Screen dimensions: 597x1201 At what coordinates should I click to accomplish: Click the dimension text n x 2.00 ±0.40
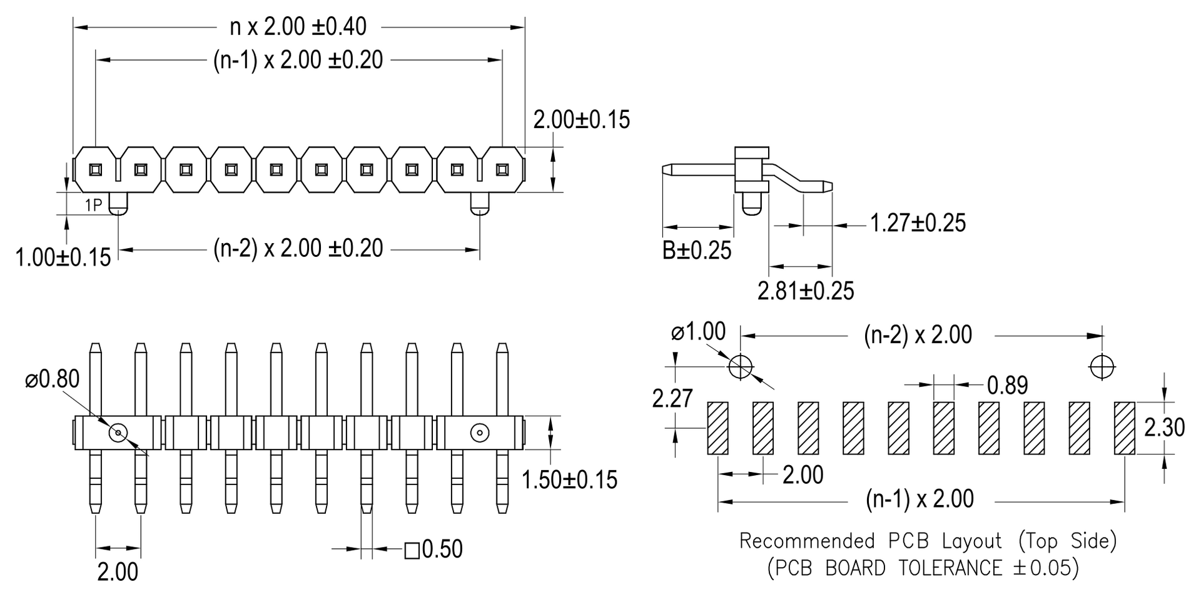click(298, 27)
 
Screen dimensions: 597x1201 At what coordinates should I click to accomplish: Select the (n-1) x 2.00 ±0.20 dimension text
click(298, 60)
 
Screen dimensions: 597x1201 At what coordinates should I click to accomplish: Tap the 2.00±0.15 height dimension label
click(581, 119)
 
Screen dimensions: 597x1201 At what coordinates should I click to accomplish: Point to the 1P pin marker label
click(93, 204)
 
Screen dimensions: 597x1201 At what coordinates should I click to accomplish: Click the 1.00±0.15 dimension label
click(63, 257)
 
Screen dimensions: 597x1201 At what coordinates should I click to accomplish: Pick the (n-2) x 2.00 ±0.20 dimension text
click(298, 249)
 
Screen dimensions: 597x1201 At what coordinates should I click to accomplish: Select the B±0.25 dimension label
click(696, 250)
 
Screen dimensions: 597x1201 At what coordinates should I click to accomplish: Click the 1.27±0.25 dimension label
click(918, 223)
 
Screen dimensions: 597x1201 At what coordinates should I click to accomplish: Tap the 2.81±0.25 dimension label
click(806, 291)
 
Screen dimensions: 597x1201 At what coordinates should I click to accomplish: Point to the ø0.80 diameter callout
click(53, 379)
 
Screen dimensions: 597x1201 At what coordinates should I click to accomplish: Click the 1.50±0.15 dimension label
click(569, 479)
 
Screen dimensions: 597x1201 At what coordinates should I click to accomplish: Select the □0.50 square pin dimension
click(433, 549)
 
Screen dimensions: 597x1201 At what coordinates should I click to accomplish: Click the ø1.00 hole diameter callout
click(698, 331)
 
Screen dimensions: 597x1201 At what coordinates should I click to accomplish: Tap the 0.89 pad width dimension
click(1007, 385)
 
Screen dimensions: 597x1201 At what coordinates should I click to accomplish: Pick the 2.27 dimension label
click(672, 398)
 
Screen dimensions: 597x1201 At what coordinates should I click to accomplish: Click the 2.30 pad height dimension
click(1164, 428)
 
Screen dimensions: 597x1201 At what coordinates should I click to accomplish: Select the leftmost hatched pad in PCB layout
click(717, 428)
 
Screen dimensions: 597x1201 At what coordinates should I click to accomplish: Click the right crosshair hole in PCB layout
click(1102, 366)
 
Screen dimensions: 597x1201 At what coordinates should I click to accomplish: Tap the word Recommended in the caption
click(807, 541)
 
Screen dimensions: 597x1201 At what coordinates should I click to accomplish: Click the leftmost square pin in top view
click(96, 169)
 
